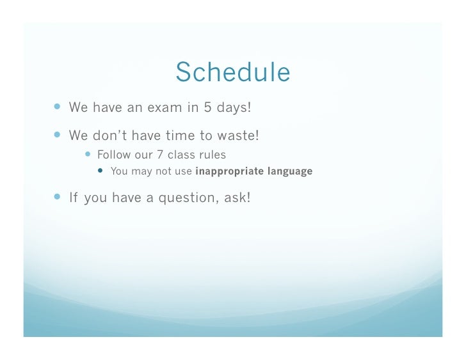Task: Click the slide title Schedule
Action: (233, 72)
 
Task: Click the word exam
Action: (165, 107)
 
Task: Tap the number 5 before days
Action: (207, 107)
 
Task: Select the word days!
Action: (234, 107)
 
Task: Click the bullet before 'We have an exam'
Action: (58, 106)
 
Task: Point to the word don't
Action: (110, 136)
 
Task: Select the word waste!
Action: (238, 136)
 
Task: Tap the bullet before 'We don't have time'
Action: (58, 135)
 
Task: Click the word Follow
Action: (113, 155)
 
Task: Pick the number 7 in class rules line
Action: (160, 155)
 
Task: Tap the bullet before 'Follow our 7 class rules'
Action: (88, 154)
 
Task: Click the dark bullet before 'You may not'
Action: (100, 170)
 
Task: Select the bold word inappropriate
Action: (229, 171)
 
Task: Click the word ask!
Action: (237, 198)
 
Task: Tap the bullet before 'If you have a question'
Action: (58, 196)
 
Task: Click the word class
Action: (181, 155)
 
